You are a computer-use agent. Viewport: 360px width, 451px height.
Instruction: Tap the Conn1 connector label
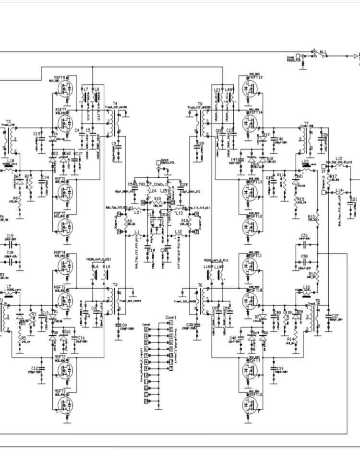tap(170, 317)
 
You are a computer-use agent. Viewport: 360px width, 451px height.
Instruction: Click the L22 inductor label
tap(307, 287)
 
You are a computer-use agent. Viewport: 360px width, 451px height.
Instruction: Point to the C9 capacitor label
tap(113, 143)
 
